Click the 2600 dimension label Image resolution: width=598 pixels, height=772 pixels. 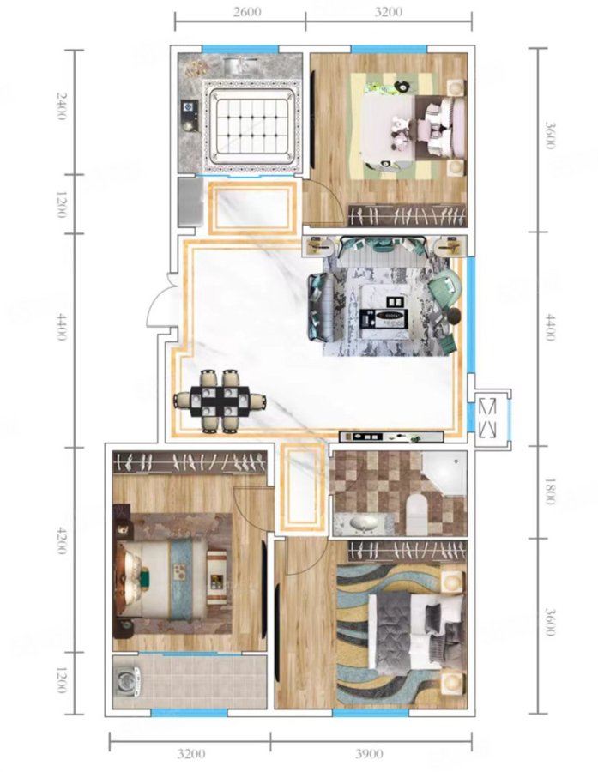(247, 11)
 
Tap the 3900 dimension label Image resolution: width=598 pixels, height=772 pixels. (368, 753)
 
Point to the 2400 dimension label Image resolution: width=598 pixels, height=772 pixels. (61, 105)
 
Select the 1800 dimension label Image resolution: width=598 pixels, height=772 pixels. (549, 491)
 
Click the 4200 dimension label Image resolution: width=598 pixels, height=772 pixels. (61, 540)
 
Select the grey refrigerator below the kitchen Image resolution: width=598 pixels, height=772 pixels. (190, 202)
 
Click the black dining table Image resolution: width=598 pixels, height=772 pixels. (220, 401)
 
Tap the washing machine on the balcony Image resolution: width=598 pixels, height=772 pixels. (126, 681)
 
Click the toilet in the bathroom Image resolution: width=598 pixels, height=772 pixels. (417, 514)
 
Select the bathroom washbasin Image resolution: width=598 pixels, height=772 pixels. (363, 524)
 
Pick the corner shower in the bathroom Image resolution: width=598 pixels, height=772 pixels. (444, 473)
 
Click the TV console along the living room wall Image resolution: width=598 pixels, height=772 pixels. (391, 437)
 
